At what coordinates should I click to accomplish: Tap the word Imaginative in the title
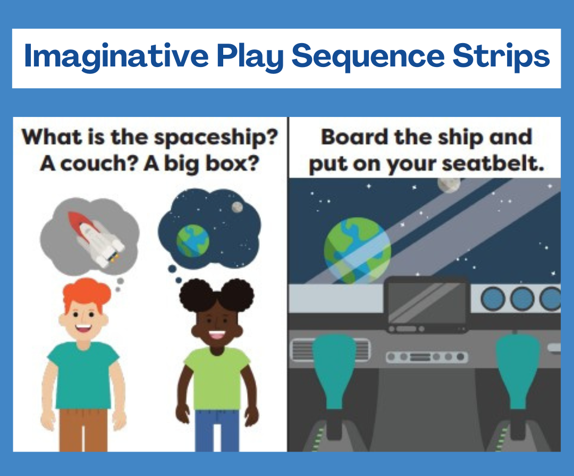click(x=116, y=56)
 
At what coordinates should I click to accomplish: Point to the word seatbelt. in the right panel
click(x=493, y=163)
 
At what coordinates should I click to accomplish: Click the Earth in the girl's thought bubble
click(x=192, y=240)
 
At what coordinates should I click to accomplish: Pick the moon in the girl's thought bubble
click(x=237, y=207)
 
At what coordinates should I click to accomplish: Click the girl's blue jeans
click(x=217, y=431)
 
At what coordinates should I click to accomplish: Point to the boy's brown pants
click(x=83, y=430)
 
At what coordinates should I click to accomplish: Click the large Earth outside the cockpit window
click(x=357, y=250)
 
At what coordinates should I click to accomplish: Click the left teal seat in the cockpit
click(x=334, y=371)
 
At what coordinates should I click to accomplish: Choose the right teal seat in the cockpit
click(x=518, y=371)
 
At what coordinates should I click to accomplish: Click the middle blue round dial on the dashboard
click(x=522, y=299)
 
